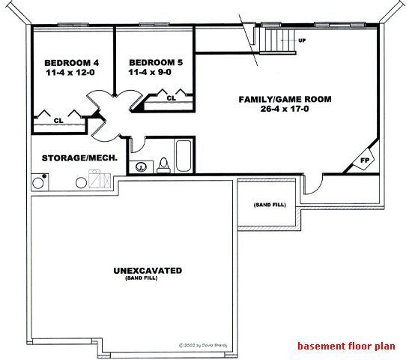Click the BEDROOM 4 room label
[x=71, y=62]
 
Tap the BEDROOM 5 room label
[x=155, y=62]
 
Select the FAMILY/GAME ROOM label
[x=285, y=99]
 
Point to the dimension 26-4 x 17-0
[x=285, y=110]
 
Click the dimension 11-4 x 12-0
[x=71, y=73]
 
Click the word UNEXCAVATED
[x=148, y=270]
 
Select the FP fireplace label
[x=366, y=161]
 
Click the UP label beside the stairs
[x=302, y=39]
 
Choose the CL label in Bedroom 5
[x=171, y=98]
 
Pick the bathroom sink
[x=140, y=166]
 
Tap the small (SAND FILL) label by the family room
[x=269, y=205]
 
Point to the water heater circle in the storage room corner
[x=39, y=181]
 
